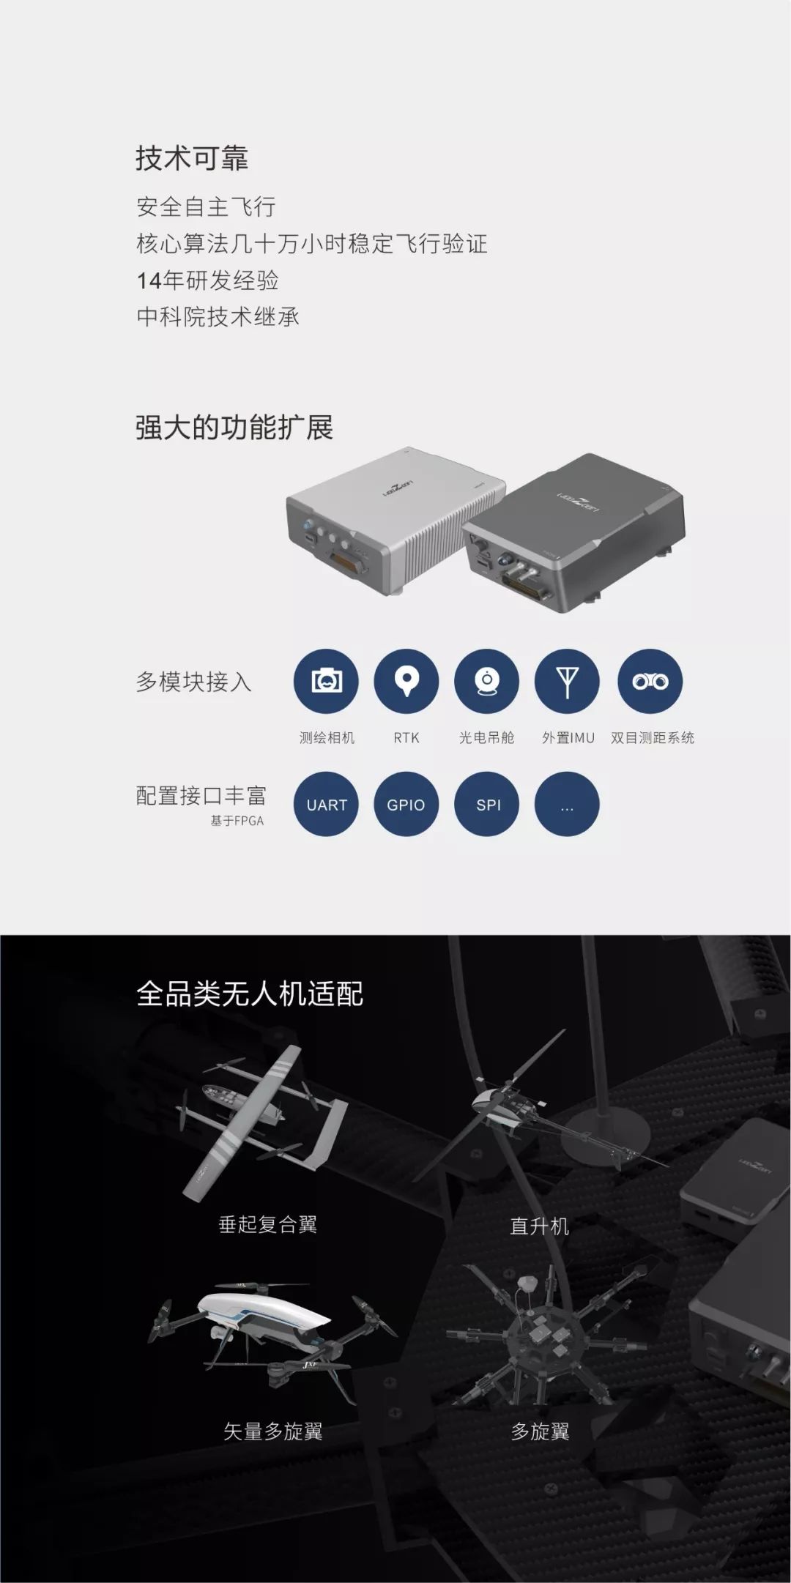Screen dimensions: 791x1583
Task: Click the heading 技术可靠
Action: [x=192, y=158]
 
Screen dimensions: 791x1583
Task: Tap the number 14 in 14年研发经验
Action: [x=149, y=280]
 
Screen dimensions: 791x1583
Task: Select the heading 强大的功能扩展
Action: [x=234, y=427]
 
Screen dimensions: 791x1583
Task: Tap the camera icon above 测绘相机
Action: [x=326, y=681]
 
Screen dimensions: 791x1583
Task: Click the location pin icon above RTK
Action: [x=406, y=681]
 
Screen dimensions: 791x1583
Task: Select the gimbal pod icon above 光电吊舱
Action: [x=486, y=681]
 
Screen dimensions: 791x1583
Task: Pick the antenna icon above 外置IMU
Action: [x=567, y=681]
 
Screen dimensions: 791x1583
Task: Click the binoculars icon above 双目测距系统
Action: [x=650, y=681]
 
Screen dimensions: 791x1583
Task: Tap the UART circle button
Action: [x=326, y=804]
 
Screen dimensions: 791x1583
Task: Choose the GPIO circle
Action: [x=406, y=804]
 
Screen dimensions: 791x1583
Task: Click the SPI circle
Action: [x=486, y=804]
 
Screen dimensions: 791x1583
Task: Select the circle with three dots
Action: [x=567, y=804]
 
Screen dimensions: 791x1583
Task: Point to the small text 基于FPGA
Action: [x=237, y=821]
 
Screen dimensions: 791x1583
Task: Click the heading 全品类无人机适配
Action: [x=250, y=994]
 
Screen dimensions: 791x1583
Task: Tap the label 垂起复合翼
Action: [x=268, y=1224]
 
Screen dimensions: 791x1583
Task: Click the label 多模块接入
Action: [x=194, y=682]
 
